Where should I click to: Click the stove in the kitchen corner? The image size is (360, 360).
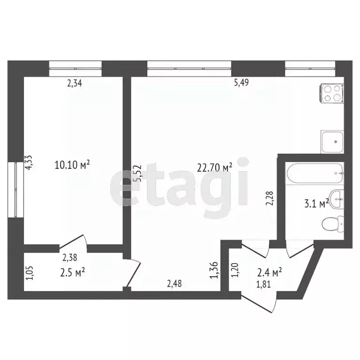click(332, 93)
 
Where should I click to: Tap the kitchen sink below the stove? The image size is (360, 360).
click(332, 142)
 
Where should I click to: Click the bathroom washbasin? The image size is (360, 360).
click(337, 199)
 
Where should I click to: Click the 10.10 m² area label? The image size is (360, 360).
click(72, 165)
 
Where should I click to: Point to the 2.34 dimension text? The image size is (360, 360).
click(75, 84)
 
